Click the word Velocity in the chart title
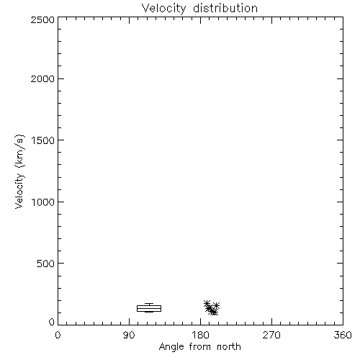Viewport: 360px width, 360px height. [x=163, y=9]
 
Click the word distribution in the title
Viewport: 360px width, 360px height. [x=225, y=8]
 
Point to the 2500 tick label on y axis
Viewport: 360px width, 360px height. [x=42, y=19]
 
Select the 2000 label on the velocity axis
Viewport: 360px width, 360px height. [x=42, y=78]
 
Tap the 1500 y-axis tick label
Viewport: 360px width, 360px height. [x=43, y=140]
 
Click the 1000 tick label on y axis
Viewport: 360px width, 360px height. [x=43, y=202]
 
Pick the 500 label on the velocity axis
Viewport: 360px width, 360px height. [x=46, y=264]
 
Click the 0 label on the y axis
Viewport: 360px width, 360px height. [x=52, y=322]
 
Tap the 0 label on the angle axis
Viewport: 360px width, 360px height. [x=58, y=335]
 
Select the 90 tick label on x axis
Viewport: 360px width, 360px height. [x=129, y=335]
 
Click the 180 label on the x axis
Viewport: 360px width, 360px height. [x=200, y=335]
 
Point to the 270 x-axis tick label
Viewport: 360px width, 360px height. [x=271, y=335]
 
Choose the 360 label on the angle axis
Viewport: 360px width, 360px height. [x=343, y=335]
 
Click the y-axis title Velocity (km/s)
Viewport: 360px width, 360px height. [x=19, y=171]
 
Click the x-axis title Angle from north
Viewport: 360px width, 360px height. [x=200, y=347]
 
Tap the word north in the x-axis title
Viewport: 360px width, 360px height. [x=229, y=346]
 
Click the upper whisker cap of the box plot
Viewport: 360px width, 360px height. [x=149, y=304]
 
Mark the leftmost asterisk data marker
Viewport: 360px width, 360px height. [x=207, y=303]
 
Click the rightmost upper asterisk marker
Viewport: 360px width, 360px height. [x=216, y=305]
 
